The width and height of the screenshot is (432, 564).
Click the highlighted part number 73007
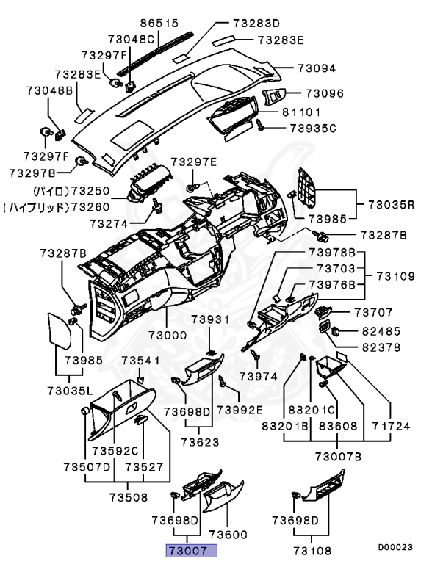[x=191, y=551]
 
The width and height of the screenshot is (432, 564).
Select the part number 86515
[x=159, y=23]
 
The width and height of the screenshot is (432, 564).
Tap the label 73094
[x=317, y=68]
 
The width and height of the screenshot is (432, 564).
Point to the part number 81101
[x=301, y=112]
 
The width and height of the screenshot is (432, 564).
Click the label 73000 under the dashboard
[x=168, y=335]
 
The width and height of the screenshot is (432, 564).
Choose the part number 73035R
[x=392, y=205]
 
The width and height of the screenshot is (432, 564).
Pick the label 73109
[x=396, y=276]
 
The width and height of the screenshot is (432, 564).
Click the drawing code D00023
[x=395, y=547]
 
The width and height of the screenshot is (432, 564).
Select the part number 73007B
[x=339, y=457]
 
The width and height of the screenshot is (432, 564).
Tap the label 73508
[x=129, y=497]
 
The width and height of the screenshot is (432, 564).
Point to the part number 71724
[x=391, y=426]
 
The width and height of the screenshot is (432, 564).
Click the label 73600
[x=228, y=535]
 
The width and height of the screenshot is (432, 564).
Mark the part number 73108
[x=312, y=551]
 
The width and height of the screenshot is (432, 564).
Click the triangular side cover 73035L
[x=59, y=331]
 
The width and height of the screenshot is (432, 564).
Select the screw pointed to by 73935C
[x=260, y=125]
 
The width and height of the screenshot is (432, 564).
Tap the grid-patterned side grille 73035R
[x=306, y=188]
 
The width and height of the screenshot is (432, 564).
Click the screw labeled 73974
[x=256, y=354]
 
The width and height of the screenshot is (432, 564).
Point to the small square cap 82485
[x=336, y=330]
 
